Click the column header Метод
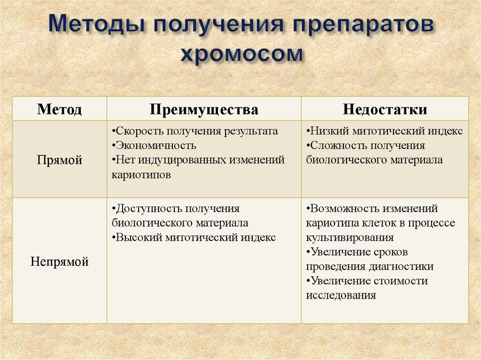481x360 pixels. click(60, 109)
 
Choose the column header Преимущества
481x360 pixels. click(204, 109)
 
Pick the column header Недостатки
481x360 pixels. click(385, 109)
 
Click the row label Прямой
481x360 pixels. click(60, 160)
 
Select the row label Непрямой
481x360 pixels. click(60, 261)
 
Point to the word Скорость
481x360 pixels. click(138, 131)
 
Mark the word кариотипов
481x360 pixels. click(141, 175)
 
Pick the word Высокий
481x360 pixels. click(139, 237)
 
